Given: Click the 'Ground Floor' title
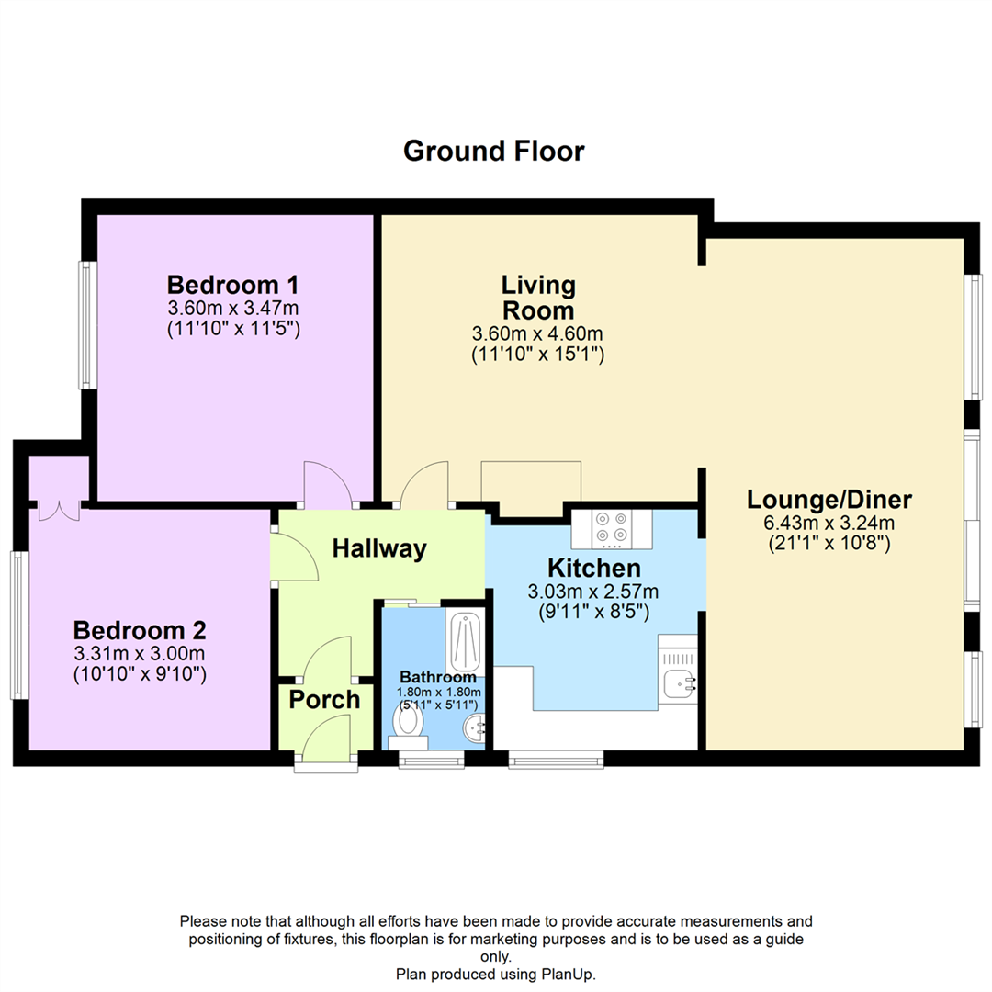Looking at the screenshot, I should (493, 150).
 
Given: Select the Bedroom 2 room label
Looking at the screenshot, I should (140, 631).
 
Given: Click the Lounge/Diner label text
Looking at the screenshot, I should (829, 500).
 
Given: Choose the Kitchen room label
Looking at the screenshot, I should (593, 567).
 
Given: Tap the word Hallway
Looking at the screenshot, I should (379, 549).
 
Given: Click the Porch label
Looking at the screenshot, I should (324, 700).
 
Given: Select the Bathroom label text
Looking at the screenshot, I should (436, 677).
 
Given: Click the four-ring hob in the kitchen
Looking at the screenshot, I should (611, 527).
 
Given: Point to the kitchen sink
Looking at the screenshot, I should (679, 682).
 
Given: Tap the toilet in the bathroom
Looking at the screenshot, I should (407, 719).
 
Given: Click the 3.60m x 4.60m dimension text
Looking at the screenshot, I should (537, 333).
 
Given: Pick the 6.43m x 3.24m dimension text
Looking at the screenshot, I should (829, 523).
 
